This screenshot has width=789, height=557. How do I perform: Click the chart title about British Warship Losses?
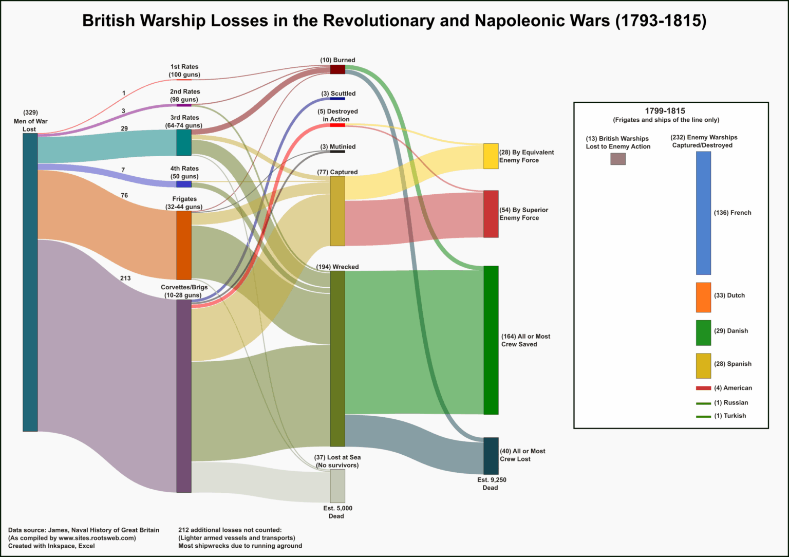(394, 21)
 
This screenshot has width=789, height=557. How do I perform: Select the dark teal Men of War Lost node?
(30, 282)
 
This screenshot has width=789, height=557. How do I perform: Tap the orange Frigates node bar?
(184, 245)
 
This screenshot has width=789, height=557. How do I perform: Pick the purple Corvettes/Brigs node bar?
(184, 396)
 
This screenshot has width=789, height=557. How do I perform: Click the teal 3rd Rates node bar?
(184, 142)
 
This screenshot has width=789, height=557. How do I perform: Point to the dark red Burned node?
(337, 69)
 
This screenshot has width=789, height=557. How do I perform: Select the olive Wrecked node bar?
(337, 359)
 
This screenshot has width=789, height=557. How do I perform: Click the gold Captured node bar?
(337, 211)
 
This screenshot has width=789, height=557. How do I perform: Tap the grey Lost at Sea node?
(337, 486)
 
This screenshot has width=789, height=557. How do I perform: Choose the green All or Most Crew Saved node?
(491, 340)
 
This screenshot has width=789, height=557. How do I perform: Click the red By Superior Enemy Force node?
(491, 214)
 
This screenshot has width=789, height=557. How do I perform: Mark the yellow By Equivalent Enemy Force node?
(491, 156)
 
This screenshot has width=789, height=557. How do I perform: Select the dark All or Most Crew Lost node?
(491, 456)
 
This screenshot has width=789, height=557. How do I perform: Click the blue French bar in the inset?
(703, 213)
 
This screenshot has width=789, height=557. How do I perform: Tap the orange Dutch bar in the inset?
(703, 297)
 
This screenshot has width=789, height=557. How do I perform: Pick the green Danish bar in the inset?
(703, 332)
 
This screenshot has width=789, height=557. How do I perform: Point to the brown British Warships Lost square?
(618, 159)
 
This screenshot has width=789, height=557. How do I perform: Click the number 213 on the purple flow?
(125, 278)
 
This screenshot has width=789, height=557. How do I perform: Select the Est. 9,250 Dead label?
(491, 484)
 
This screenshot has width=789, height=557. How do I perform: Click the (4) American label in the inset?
(732, 388)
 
